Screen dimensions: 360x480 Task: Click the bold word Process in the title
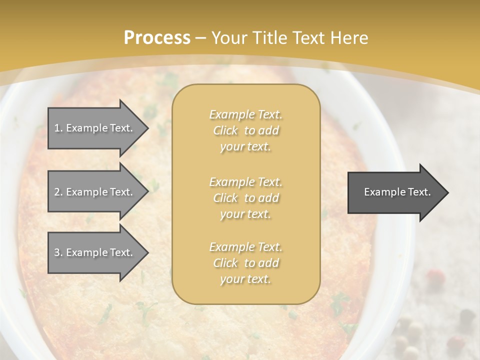tap(157, 38)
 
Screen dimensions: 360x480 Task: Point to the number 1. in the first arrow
tap(58, 128)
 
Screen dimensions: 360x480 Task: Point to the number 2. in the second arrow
tap(58, 192)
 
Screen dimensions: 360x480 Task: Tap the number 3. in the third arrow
tap(58, 252)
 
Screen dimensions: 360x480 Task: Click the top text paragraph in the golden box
tap(245, 130)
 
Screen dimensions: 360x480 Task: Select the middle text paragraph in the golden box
tap(245, 198)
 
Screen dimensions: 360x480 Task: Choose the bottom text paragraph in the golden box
tap(245, 263)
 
